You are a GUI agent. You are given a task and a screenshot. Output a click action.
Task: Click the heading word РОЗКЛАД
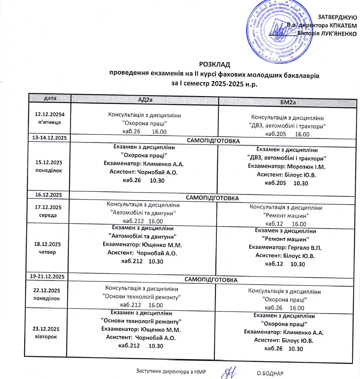tap(215, 64)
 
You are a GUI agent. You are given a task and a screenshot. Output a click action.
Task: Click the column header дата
tap(50, 98)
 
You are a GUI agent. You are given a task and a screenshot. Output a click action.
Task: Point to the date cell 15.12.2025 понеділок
tap(50, 166)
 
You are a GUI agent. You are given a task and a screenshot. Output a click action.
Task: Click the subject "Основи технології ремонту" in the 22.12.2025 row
tap(142, 296)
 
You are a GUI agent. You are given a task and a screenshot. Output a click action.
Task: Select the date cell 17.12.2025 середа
tap(50, 211)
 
